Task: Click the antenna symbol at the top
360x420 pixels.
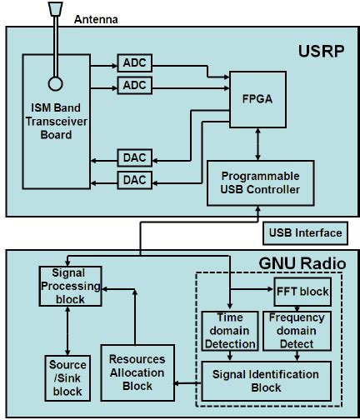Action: pos(56,9)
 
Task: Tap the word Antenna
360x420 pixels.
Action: pos(97,18)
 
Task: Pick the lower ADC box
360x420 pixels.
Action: pos(132,85)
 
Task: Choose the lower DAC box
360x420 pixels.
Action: pos(132,179)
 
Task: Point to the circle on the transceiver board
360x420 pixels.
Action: pos(56,84)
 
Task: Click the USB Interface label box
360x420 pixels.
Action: pos(302,232)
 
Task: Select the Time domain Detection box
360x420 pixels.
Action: pos(228,331)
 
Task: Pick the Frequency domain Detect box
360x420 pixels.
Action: pos(297,331)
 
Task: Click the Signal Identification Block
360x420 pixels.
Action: pos(267,379)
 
